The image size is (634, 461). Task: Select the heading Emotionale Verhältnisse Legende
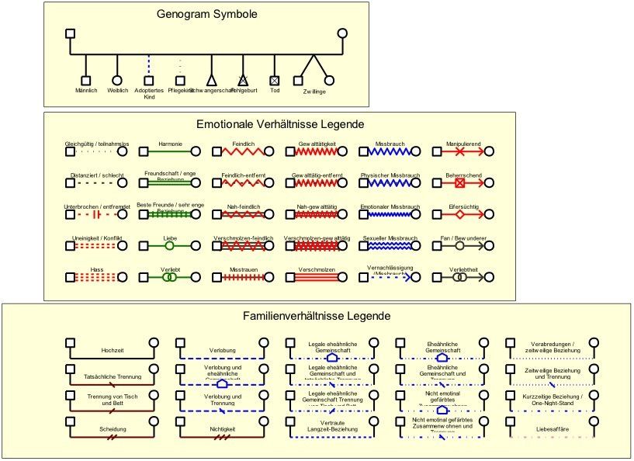coord(280,123)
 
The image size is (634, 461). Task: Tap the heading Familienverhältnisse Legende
coord(316,316)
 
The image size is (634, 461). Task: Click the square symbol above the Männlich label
coord(86,80)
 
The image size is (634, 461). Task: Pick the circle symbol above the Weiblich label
coord(117,80)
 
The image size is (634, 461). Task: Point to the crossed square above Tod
coord(274,80)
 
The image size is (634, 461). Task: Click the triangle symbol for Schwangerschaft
coord(211,80)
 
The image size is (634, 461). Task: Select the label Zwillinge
coord(314,92)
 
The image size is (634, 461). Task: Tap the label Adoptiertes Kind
coord(149,94)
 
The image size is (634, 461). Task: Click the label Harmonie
coord(170,144)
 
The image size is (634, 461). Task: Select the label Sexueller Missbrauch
coord(390,237)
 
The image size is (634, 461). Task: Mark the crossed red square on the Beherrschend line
coord(459,184)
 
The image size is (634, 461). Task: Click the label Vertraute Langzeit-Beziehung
coord(331,425)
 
